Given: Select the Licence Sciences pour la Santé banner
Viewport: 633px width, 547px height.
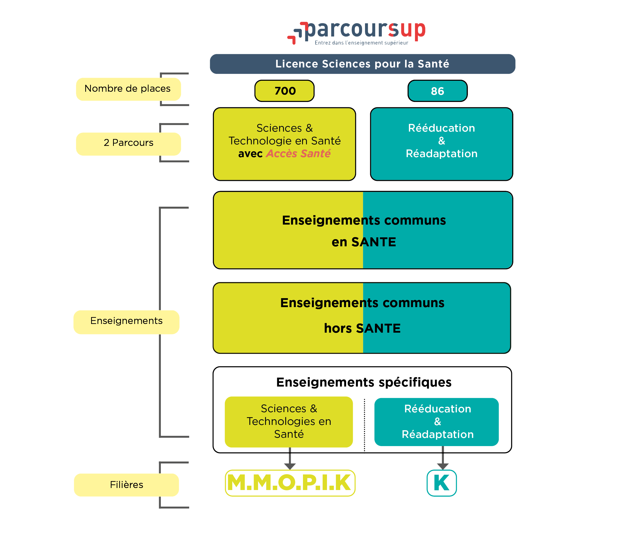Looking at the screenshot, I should [x=362, y=64].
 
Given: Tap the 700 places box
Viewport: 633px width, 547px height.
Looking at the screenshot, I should [x=284, y=91].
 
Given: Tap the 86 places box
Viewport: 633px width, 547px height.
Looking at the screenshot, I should [x=437, y=91].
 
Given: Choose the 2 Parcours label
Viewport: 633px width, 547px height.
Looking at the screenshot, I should [x=128, y=143].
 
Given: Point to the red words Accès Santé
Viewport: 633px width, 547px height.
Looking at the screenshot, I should [x=298, y=154].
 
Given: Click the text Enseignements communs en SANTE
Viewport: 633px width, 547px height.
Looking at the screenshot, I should [x=363, y=231].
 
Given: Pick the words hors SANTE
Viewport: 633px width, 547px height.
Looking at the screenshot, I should [x=362, y=328].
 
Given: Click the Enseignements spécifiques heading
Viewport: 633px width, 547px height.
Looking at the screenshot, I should [x=363, y=382].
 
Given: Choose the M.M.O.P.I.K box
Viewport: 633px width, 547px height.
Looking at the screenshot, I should [x=290, y=483].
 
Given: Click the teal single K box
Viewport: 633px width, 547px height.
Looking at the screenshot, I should [x=442, y=483].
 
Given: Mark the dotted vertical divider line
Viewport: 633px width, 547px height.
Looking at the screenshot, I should [x=364, y=425].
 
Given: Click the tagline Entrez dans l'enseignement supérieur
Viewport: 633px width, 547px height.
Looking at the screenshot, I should [x=361, y=43].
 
